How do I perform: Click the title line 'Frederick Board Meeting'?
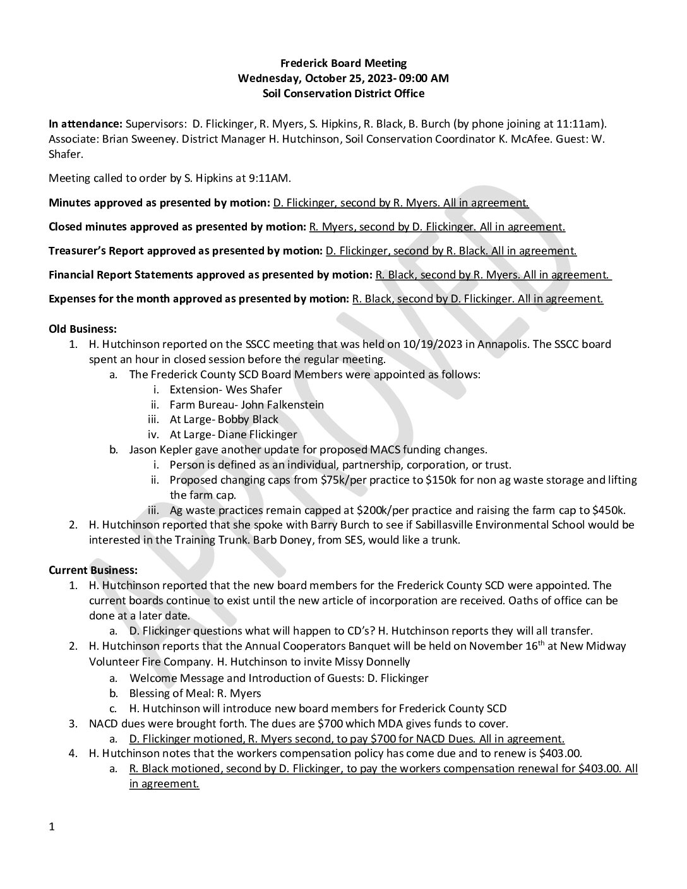[343, 63]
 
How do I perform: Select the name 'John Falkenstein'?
[285, 405]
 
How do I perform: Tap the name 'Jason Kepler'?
[161, 450]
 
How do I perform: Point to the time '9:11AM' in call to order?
[271, 178]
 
